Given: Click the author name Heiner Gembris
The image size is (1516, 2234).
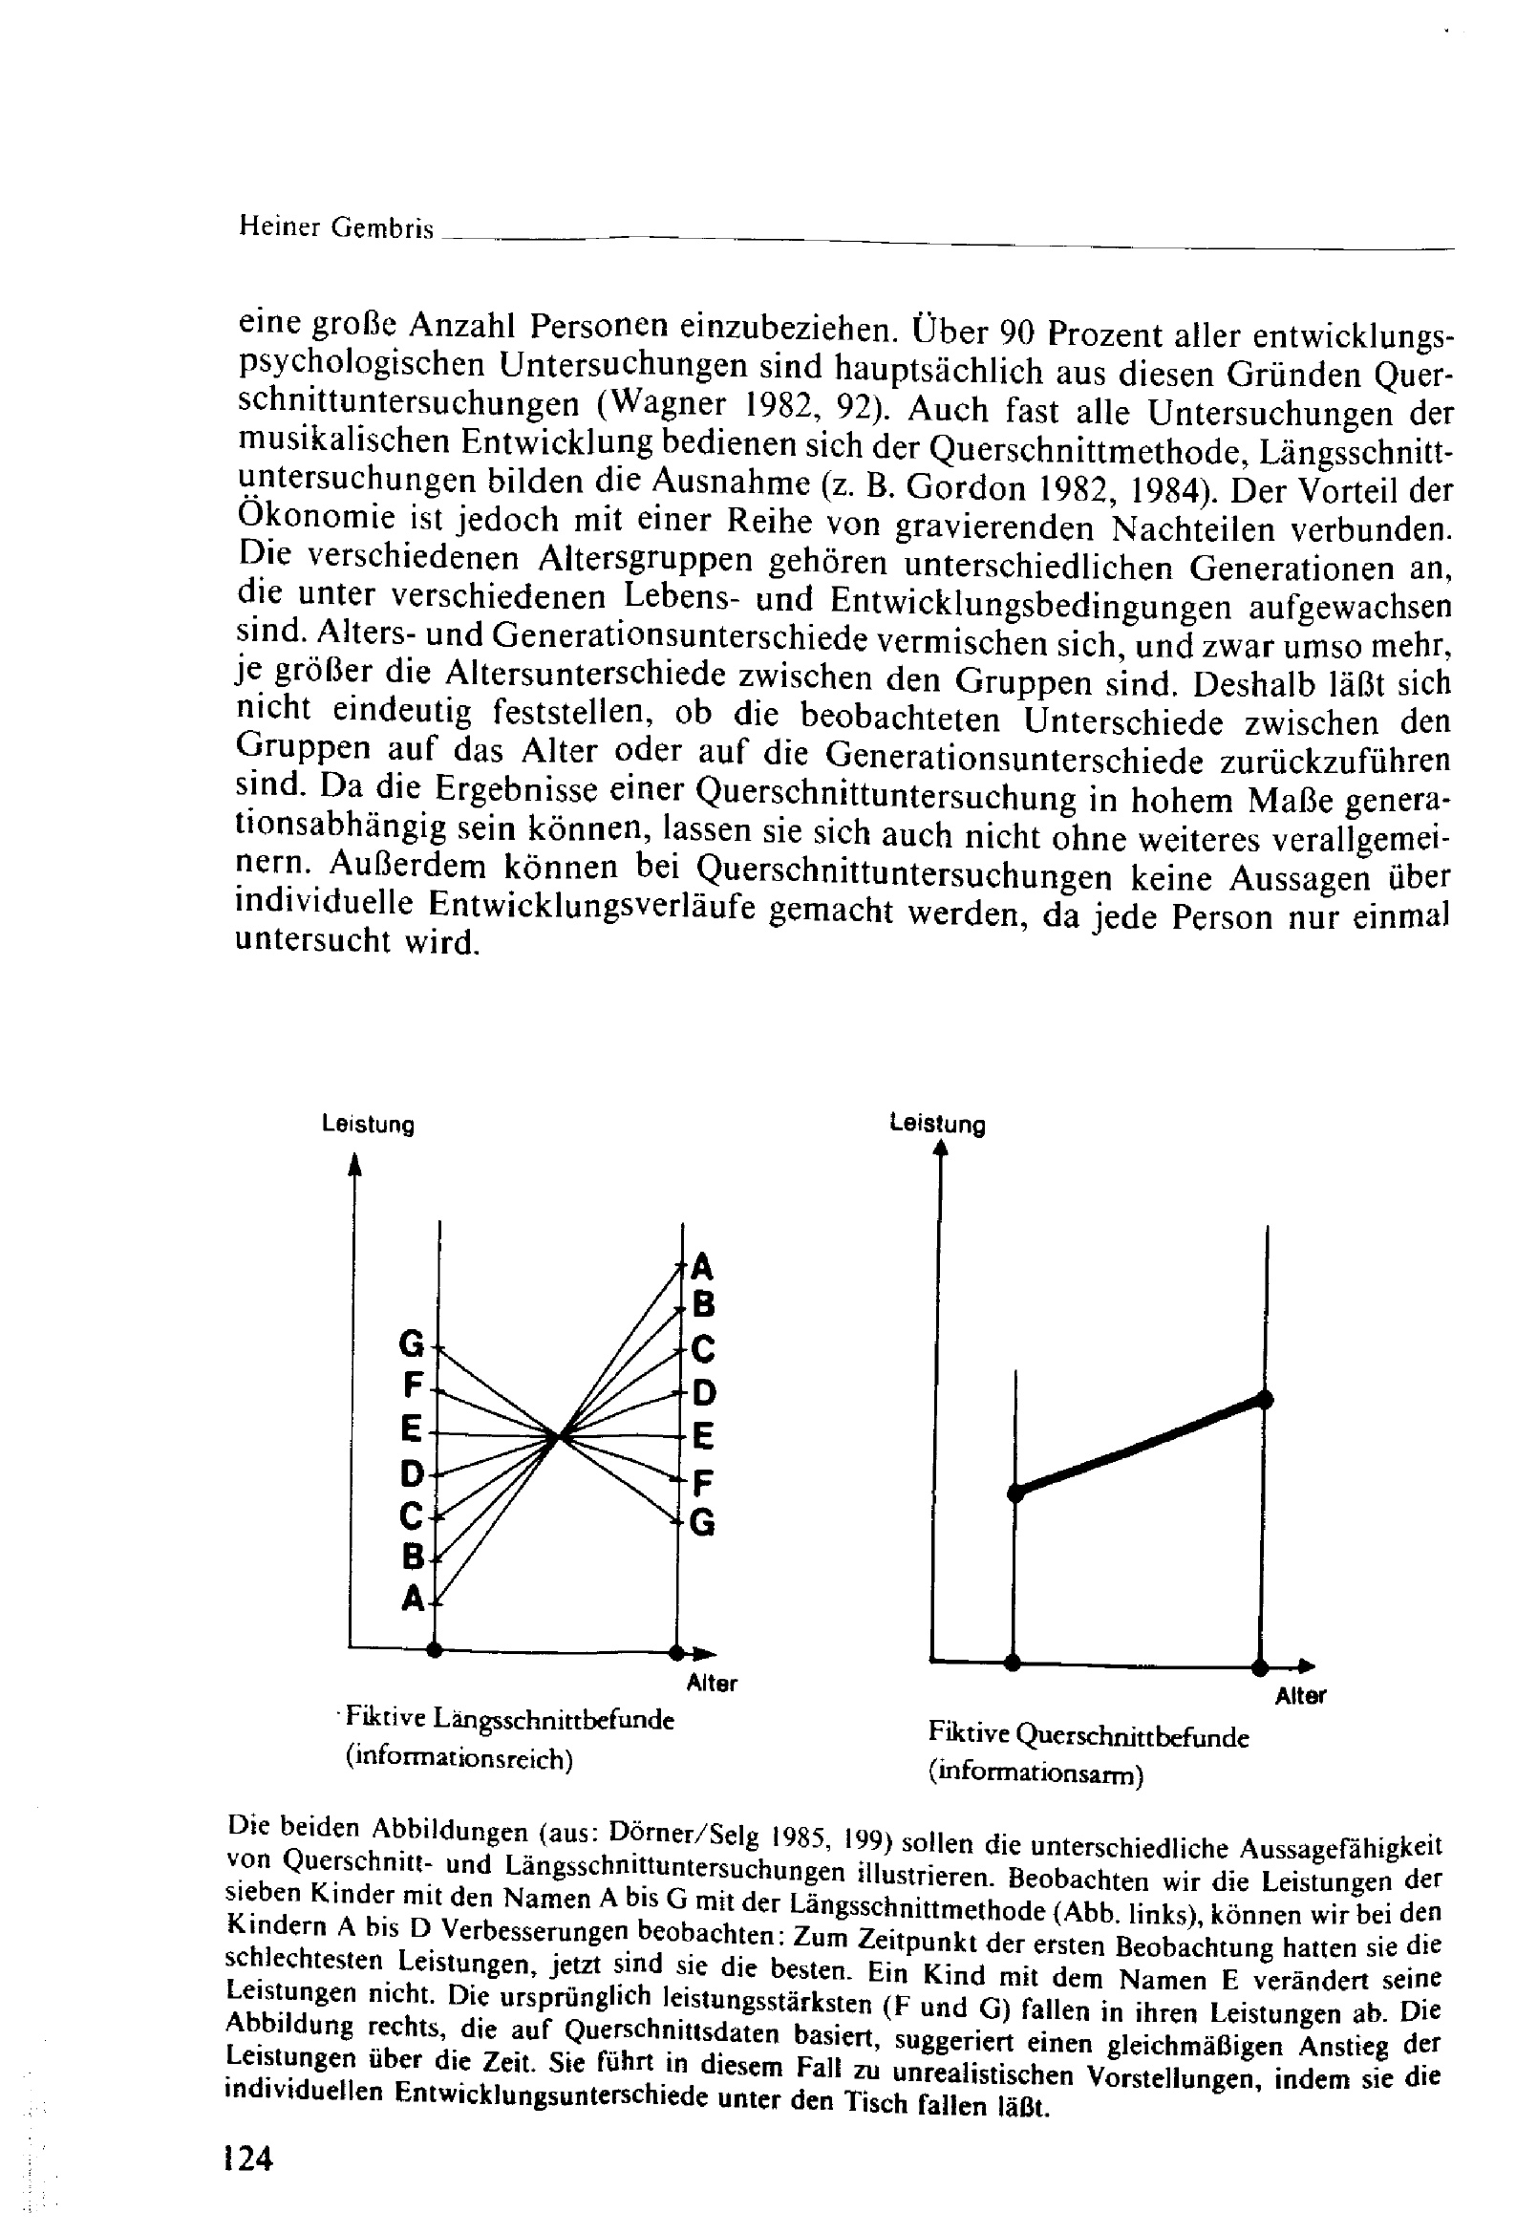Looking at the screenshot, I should pyautogui.click(x=335, y=226).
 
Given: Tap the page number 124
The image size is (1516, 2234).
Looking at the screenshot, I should pyautogui.click(x=248, y=2159).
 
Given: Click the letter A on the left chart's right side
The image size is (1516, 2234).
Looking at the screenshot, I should pyautogui.click(x=703, y=1267).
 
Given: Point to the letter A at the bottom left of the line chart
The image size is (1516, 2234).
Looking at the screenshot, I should pyautogui.click(x=413, y=1599).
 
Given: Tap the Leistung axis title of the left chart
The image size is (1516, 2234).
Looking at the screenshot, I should pyautogui.click(x=368, y=1125).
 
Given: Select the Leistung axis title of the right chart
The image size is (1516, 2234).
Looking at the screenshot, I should pyautogui.click(x=937, y=1125).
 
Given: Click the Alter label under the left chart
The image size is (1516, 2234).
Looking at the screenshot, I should pyautogui.click(x=712, y=1684).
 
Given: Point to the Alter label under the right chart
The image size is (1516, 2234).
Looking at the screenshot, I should pyautogui.click(x=1300, y=1697).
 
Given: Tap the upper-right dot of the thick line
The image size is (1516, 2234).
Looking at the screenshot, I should pyautogui.click(x=1265, y=1400).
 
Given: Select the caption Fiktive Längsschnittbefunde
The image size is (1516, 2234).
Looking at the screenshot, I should pyautogui.click(x=509, y=1718).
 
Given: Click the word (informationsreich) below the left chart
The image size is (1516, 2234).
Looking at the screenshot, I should pyautogui.click(x=459, y=1758).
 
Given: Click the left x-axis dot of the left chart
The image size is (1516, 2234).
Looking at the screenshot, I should pyautogui.click(x=436, y=1649).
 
